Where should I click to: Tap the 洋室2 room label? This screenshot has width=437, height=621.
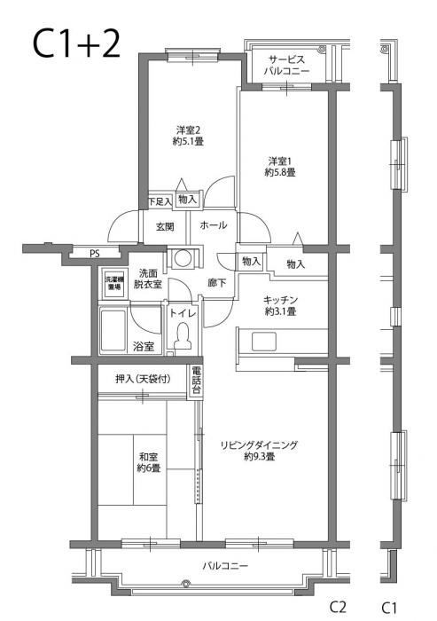188,133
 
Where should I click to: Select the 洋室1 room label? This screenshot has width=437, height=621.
279,166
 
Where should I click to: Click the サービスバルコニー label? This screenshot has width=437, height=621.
285,65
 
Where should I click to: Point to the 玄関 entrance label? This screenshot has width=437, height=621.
165,225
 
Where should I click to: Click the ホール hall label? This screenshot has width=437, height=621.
214,225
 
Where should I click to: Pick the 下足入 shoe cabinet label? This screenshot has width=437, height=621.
159,200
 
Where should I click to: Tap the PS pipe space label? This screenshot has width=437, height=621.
95,253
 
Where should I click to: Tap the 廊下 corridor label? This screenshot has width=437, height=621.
217,283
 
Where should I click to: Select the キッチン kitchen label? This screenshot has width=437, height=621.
279,305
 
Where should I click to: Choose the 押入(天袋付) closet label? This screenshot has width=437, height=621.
142,379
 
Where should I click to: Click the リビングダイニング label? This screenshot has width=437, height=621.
259,451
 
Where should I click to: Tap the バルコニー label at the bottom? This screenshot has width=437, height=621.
224,565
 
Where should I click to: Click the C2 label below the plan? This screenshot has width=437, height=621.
338,607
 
